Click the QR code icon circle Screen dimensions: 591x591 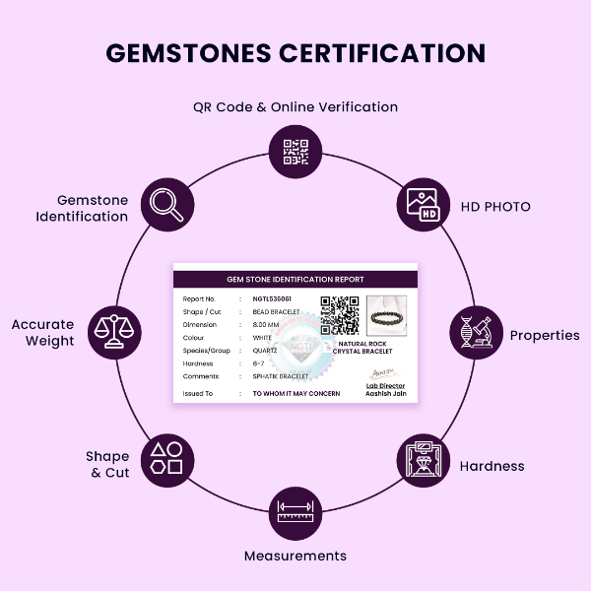pyautogui.click(x=295, y=151)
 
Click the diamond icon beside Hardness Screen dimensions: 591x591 pyautogui.click(x=425, y=459)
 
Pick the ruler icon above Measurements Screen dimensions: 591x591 pyautogui.click(x=295, y=512)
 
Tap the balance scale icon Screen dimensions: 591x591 pyautogui.click(x=114, y=332)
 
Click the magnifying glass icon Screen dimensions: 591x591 pyautogui.click(x=165, y=204)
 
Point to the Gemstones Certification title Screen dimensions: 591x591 pyautogui.click(x=295, y=53)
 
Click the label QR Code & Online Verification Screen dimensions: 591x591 pyautogui.click(x=295, y=106)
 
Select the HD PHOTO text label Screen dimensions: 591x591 pyautogui.click(x=495, y=207)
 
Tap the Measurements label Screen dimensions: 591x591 pyautogui.click(x=295, y=556)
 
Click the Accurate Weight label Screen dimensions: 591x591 pyautogui.click(x=43, y=333)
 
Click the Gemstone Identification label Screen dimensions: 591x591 pyautogui.click(x=83, y=208)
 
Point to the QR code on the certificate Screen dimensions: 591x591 pyautogui.click(x=340, y=315)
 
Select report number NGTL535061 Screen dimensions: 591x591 pyautogui.click(x=272, y=298)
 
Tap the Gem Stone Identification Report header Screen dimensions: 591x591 pyautogui.click(x=295, y=280)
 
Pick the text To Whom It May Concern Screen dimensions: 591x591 pyautogui.click(x=296, y=393)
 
